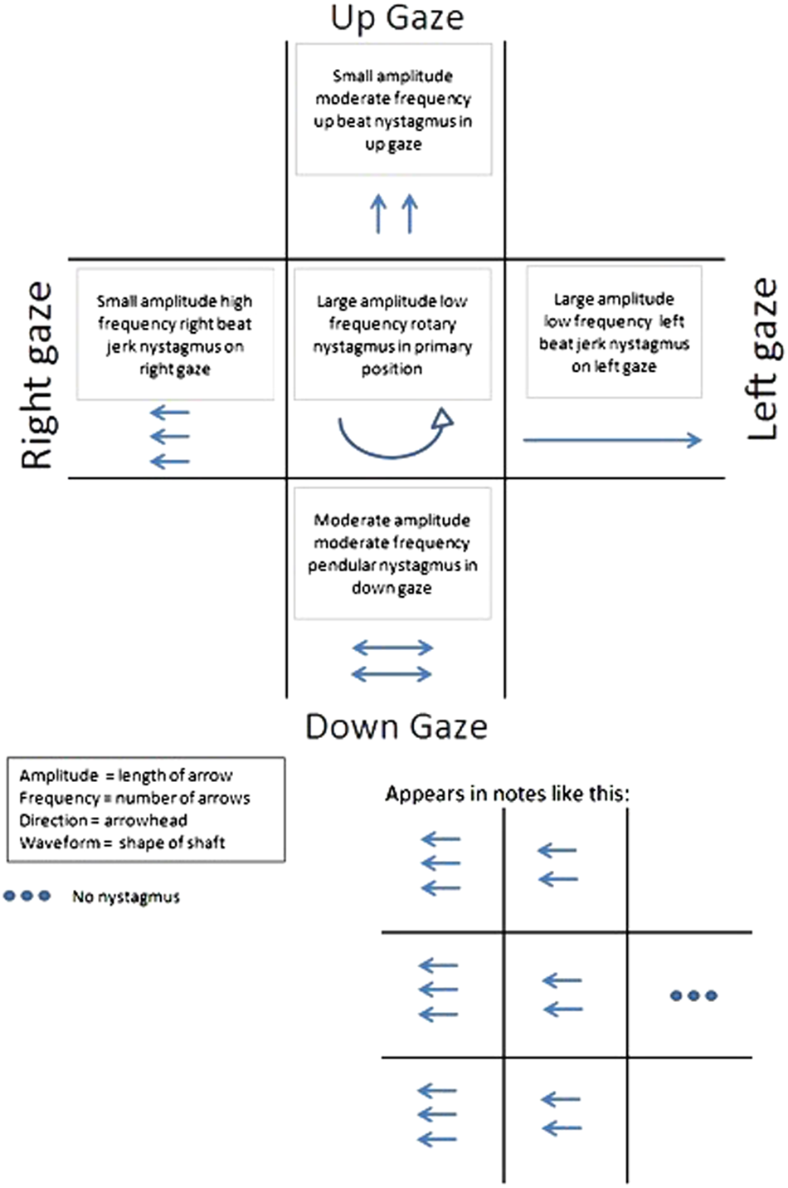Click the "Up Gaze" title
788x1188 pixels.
point(396,17)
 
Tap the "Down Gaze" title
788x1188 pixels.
point(396,726)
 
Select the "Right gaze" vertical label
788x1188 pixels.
point(38,376)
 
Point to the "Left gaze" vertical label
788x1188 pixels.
point(761,359)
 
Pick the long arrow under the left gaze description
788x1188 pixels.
point(612,440)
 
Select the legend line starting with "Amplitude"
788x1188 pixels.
point(125,775)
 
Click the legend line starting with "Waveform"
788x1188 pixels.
point(122,843)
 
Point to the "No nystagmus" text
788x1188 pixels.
point(125,897)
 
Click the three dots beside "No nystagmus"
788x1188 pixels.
point(27,896)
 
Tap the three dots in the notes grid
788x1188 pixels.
point(693,995)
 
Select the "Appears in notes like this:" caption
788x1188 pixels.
point(507,794)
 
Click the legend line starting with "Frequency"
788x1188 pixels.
point(134,798)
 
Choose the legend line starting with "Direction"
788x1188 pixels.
point(103,820)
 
